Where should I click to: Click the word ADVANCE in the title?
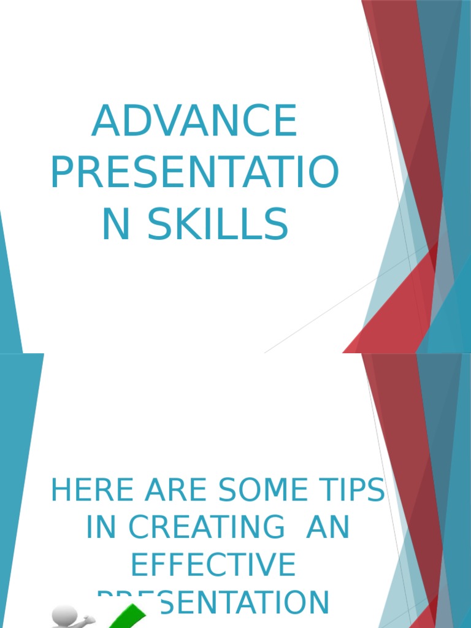194,121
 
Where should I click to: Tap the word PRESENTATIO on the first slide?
194,173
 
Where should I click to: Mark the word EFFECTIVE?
213,565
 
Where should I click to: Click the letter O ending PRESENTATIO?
323,173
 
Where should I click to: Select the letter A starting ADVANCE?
105,121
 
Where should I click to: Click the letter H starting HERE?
63,491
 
